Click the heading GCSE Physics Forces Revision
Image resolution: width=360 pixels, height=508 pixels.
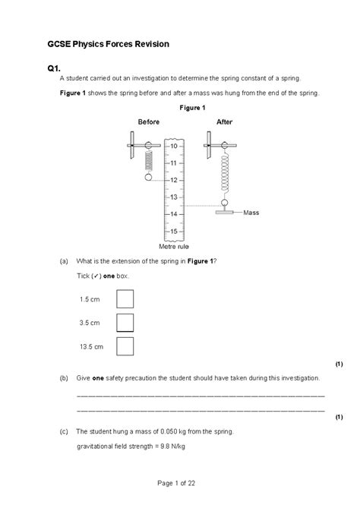click(x=107, y=45)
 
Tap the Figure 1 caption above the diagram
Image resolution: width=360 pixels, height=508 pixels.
click(x=192, y=108)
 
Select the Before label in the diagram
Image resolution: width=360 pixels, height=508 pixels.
click(x=148, y=121)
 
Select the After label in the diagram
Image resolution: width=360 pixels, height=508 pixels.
click(x=225, y=121)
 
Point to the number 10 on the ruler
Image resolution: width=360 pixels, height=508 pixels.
click(x=174, y=145)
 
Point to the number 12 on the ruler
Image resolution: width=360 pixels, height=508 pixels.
click(x=174, y=180)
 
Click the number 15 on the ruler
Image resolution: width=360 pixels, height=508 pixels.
click(x=174, y=232)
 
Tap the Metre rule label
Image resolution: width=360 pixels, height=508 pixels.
click(x=173, y=247)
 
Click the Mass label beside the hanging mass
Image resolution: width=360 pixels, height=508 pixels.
click(x=251, y=213)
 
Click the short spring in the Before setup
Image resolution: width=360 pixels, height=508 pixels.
click(x=148, y=162)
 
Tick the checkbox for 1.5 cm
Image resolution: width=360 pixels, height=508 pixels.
click(x=125, y=298)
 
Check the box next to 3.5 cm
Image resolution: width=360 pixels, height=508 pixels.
click(x=125, y=323)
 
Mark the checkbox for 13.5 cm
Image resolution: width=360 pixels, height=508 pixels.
click(x=125, y=346)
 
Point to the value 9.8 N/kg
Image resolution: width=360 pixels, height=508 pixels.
click(x=169, y=446)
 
